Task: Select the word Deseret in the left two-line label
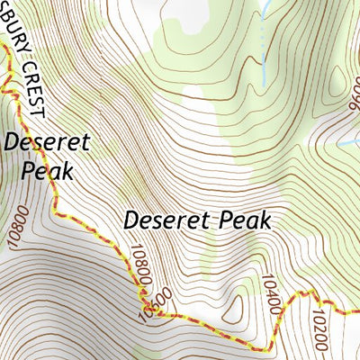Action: pyautogui.click(x=35, y=142)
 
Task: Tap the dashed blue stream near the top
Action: pyautogui.click(x=262, y=45)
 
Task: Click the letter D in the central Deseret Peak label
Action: pyautogui.click(x=131, y=219)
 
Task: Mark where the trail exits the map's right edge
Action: pyautogui.click(x=357, y=311)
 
